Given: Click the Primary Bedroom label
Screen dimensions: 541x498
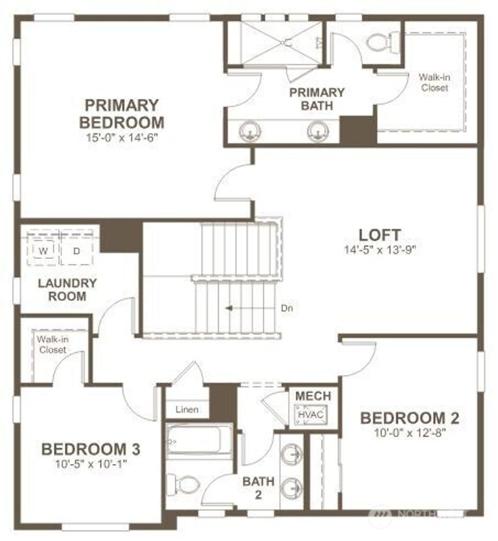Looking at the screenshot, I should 122,113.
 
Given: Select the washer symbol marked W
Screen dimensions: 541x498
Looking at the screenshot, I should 43,251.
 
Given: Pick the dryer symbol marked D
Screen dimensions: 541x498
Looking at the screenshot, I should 76,251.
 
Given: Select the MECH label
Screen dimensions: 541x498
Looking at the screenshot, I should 313,396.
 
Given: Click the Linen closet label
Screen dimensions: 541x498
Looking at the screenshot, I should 187,409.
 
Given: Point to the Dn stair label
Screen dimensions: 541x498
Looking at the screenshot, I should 287,308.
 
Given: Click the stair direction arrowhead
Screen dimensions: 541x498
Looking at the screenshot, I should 228,308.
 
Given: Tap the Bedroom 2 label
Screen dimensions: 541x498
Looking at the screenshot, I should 409,418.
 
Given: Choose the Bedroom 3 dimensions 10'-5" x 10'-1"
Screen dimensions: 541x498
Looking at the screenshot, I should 91,463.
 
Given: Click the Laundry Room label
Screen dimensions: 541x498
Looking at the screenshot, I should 60,289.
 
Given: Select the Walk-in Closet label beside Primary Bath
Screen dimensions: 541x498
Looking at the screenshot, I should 434,82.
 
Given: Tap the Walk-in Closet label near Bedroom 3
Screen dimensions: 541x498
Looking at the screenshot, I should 53,344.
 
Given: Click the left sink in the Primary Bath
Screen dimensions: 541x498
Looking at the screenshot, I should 250,130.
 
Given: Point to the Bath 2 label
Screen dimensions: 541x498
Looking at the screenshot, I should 259,488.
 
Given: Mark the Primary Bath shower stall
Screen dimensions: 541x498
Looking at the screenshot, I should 281,42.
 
